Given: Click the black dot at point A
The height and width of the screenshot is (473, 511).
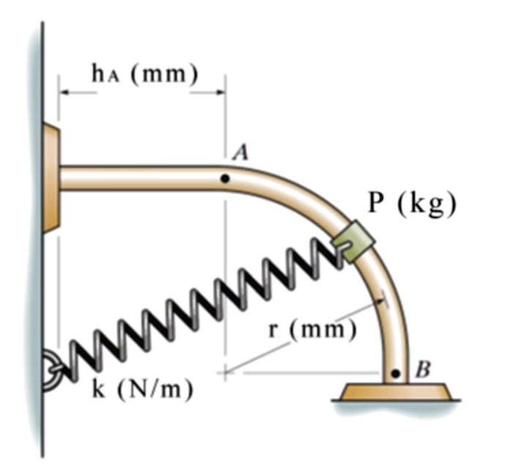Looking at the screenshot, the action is [x=225, y=179].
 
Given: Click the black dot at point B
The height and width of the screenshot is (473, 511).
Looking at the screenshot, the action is [x=395, y=373].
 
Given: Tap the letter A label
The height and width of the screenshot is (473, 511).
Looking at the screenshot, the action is [x=241, y=152].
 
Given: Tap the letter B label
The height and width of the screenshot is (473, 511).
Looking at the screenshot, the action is [x=423, y=369].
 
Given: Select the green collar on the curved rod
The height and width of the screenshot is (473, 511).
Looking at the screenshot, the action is [x=354, y=241].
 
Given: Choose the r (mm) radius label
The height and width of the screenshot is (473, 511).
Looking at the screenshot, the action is [x=312, y=329].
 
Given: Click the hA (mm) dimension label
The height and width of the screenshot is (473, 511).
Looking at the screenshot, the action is [x=145, y=74].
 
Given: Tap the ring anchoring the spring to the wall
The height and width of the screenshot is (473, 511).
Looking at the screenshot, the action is [x=49, y=371].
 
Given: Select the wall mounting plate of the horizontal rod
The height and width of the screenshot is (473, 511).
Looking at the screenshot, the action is [x=51, y=178].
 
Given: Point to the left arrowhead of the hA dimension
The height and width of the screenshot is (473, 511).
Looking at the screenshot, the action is [x=64, y=92].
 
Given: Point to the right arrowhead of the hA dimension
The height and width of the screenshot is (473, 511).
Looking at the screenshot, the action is [x=219, y=92].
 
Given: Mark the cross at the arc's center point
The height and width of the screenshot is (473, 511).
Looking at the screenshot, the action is [x=225, y=372].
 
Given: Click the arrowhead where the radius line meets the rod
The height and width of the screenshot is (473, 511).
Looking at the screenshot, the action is [x=380, y=302].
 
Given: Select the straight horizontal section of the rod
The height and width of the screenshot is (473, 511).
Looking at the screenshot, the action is [x=142, y=178].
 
